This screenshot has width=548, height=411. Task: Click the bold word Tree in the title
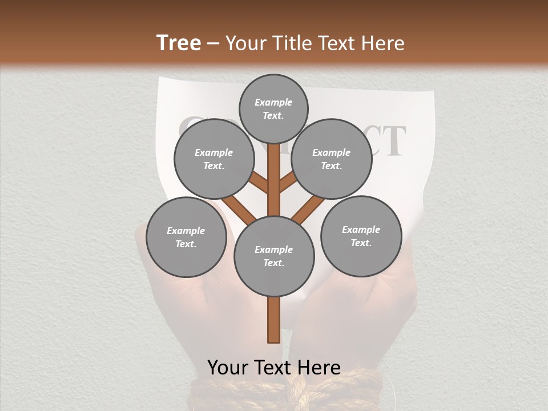pos(179,43)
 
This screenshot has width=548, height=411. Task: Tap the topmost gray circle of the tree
pos(273,108)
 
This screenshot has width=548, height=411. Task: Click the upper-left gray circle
pos(214,159)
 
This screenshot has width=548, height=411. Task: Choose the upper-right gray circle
pos(332,159)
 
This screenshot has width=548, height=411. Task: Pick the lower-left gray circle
pos(186,237)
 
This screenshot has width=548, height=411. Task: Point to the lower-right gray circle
pos(361,236)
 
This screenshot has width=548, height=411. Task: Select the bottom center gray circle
pos(274,256)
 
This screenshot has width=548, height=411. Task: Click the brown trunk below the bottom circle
pos(274,320)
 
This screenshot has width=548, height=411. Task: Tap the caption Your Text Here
pos(274,368)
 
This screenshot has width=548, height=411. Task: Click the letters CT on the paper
pos(388,142)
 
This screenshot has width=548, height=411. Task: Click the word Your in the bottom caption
pos(227,368)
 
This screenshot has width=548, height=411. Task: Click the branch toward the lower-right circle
pos(308,209)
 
